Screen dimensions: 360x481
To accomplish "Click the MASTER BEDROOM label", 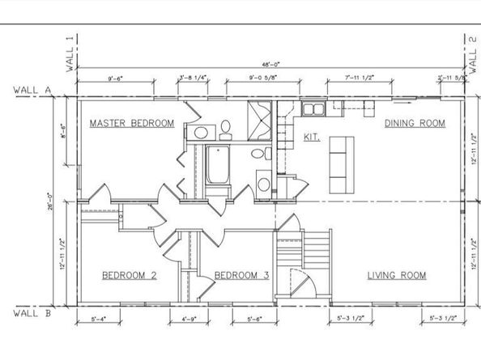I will coord(131,124).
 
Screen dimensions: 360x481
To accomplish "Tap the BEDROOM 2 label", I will coord(129,275).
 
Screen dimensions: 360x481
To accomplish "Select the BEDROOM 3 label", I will coord(241,275).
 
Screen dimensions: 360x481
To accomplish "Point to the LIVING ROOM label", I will coord(396,275).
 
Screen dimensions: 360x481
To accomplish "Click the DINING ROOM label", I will coord(415,123).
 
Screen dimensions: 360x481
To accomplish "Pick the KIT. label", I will coord(311,137).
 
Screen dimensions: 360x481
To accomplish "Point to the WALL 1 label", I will coord(71,53).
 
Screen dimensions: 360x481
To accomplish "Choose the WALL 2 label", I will coord(472,53).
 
